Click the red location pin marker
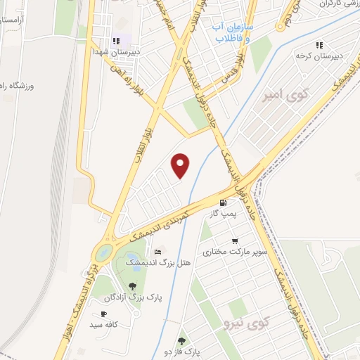click(x=181, y=165)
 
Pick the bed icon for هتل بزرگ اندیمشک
click(x=158, y=252)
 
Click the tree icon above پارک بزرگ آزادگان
click(x=132, y=286)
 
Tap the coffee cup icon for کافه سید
click(x=104, y=314)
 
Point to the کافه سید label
click(x=102, y=325)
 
